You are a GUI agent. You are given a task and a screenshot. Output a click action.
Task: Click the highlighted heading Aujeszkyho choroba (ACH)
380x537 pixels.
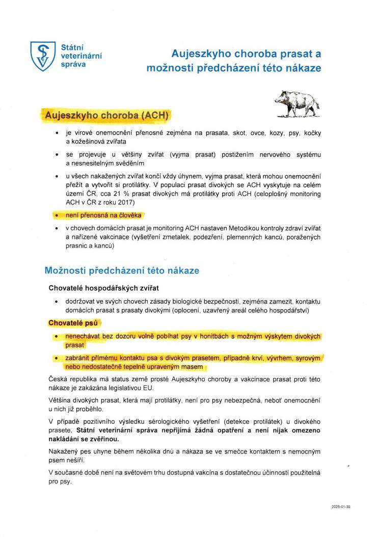click(106, 115)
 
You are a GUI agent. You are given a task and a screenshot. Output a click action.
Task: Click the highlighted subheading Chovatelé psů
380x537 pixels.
click(74, 323)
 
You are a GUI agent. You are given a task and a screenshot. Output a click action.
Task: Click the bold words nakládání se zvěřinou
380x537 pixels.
click(84, 439)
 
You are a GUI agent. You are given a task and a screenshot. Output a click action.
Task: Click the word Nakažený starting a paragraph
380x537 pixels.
click(65, 451)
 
